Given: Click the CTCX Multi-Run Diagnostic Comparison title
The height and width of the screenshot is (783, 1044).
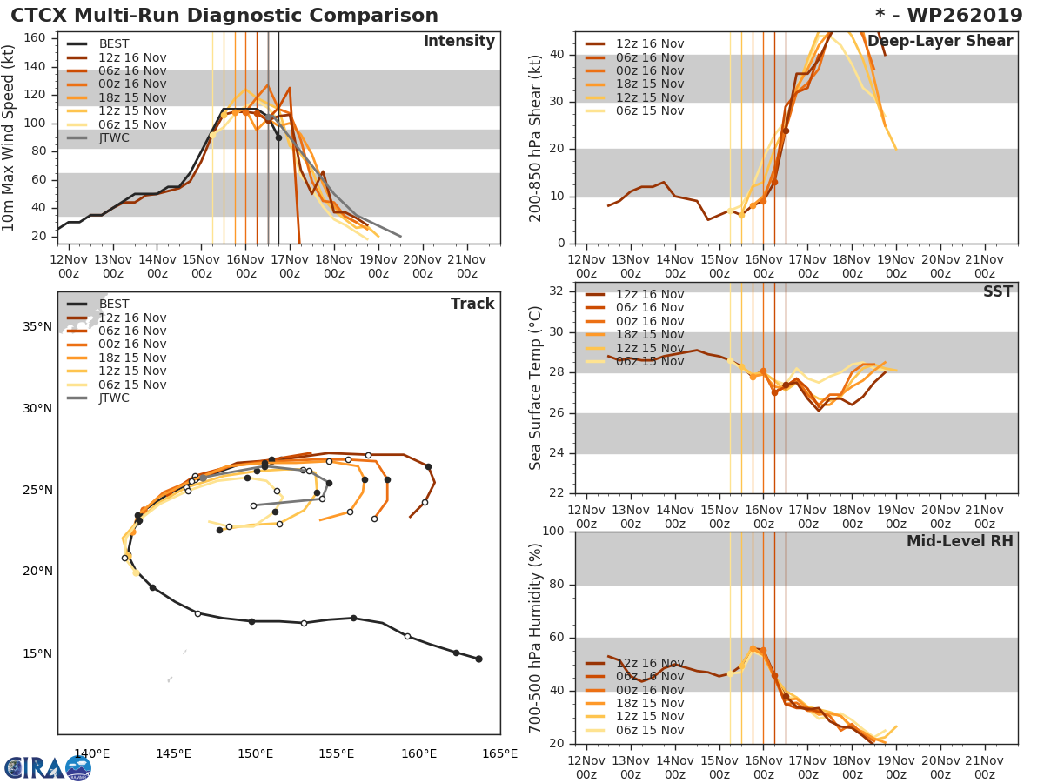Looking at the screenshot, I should pos(224,16).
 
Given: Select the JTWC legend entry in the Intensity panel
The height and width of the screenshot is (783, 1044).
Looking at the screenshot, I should pos(113,138).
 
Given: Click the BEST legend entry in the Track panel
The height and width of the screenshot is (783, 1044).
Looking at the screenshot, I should pos(113,304).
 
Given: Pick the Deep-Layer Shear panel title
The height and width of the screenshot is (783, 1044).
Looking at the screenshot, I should pos(940,42).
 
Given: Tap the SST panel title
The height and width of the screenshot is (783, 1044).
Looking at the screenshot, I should pos(997,292).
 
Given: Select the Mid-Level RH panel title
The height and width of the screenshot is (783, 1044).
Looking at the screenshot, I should pos(959,541).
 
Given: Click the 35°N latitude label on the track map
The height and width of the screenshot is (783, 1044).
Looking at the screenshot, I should pos(37,327).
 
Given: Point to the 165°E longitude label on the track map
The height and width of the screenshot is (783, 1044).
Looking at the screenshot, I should pos(499,753).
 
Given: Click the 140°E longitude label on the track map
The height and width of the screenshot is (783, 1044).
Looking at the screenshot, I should pos(91,753).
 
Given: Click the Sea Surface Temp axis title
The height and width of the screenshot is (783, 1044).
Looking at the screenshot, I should pos(536,388).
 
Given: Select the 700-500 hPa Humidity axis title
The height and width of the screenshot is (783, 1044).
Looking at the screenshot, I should pos(536,638).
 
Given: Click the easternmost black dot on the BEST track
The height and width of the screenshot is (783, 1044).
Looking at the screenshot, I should pos(478,659).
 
